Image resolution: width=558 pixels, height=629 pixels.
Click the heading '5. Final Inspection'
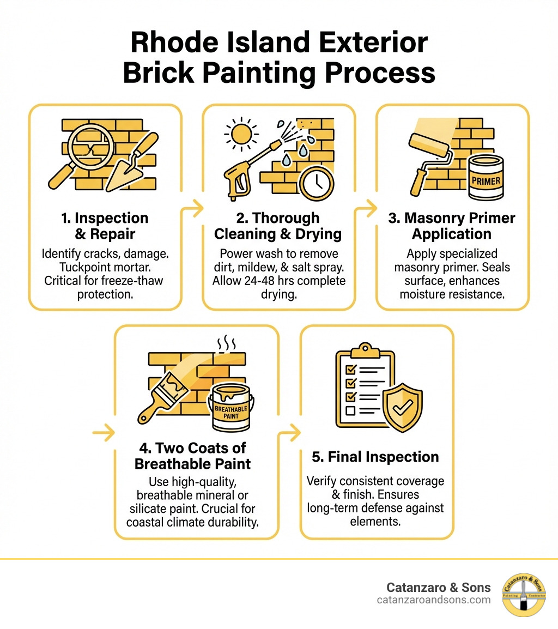(x=375, y=457)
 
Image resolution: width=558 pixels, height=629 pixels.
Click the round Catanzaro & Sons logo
(x=523, y=595)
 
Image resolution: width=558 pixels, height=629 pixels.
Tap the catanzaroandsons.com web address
(x=433, y=600)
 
